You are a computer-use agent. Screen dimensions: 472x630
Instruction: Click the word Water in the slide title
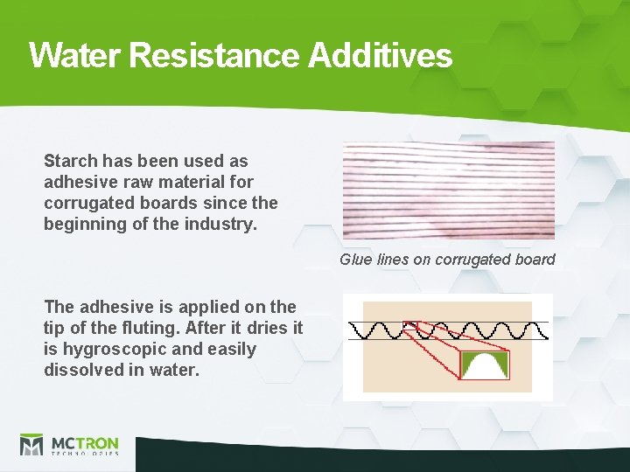point(76,56)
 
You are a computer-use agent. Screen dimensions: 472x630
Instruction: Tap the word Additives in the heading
point(380,56)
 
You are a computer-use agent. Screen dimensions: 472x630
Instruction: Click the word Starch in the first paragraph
point(70,161)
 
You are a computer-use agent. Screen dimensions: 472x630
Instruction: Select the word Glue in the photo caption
point(355,260)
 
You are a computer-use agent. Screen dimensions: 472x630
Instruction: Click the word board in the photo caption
point(535,260)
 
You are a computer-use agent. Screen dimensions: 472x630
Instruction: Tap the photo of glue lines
point(448,191)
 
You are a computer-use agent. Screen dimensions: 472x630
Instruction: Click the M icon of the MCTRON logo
point(32,445)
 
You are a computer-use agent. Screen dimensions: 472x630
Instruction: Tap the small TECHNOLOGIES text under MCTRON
point(85,455)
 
